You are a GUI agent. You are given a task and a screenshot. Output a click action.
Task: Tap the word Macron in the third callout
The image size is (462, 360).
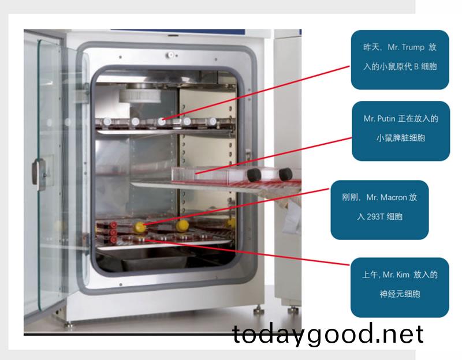point(394,197)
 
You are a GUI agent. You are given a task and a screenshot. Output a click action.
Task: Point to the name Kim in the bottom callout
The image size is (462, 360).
point(403,275)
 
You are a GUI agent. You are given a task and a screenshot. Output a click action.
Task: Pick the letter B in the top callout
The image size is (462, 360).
point(416,66)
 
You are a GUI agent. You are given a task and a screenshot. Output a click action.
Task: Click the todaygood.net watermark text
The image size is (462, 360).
point(327,334)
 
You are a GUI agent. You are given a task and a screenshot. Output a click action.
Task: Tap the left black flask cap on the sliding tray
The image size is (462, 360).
point(254,175)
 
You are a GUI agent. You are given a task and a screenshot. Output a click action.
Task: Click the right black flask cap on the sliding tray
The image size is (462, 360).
point(285,174)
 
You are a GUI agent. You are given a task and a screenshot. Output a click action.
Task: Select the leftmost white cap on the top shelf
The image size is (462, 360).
point(107,121)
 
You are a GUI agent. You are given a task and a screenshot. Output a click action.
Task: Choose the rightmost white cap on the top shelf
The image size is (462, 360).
point(212,121)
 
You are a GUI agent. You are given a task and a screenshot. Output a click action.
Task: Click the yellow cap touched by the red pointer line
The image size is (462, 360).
point(139,227)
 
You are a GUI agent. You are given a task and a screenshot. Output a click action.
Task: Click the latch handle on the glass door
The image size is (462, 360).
point(39,174)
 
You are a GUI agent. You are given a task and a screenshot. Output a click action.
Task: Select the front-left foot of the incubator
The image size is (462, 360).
point(68,325)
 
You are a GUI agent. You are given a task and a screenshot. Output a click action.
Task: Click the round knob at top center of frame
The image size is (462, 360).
point(170,55)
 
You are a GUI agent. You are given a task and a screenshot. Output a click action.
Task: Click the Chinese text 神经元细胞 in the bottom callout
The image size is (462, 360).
point(400,294)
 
